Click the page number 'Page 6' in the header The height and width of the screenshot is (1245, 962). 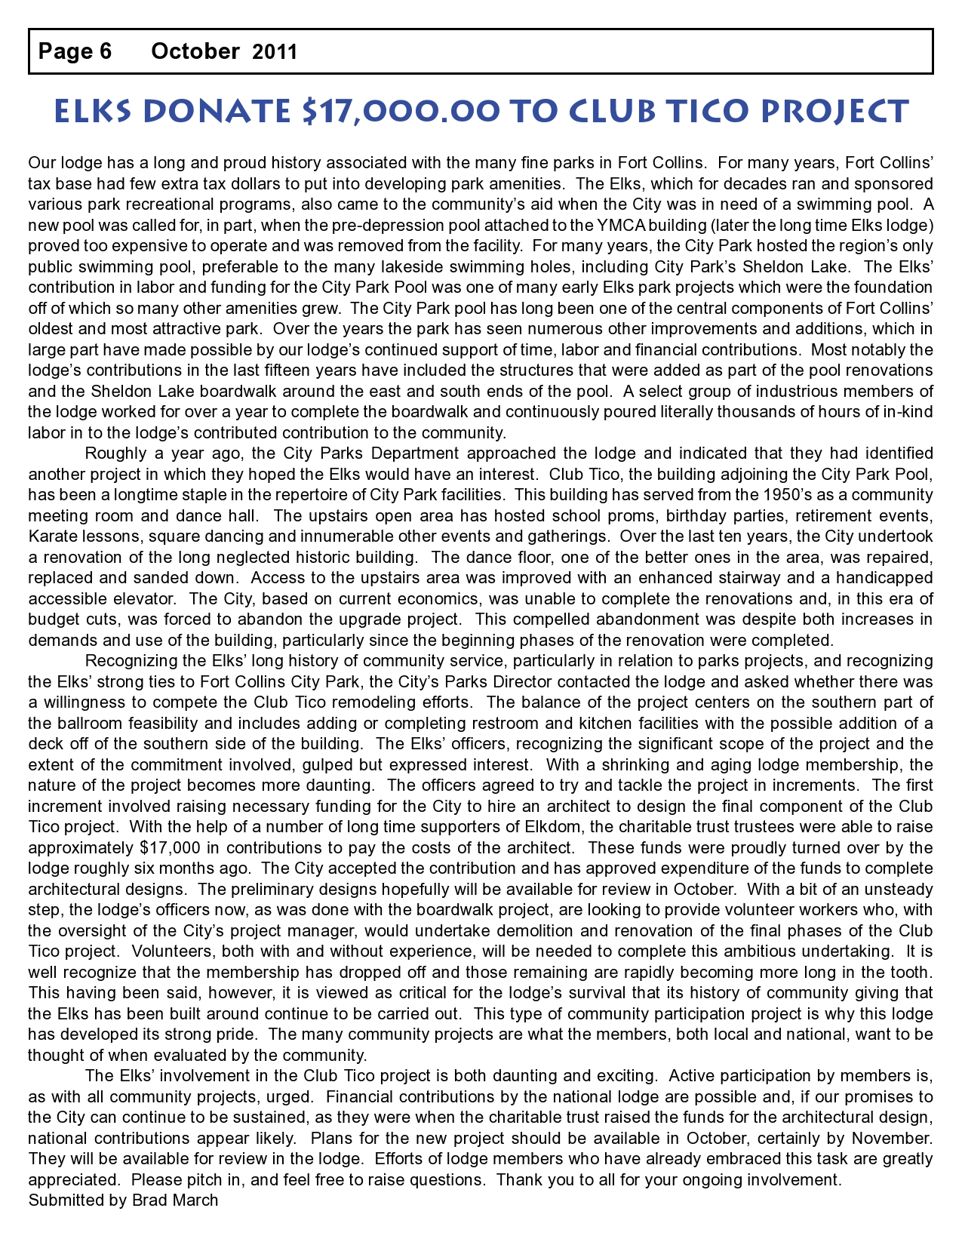tap(75, 51)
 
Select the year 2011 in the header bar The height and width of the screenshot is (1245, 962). tap(275, 52)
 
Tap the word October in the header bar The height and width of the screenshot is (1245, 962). tap(195, 51)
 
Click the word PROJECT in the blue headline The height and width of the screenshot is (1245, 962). tap(834, 111)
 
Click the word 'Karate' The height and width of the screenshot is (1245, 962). tap(53, 536)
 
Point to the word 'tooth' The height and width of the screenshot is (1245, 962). tap(910, 972)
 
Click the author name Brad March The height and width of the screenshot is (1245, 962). tap(174, 1200)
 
